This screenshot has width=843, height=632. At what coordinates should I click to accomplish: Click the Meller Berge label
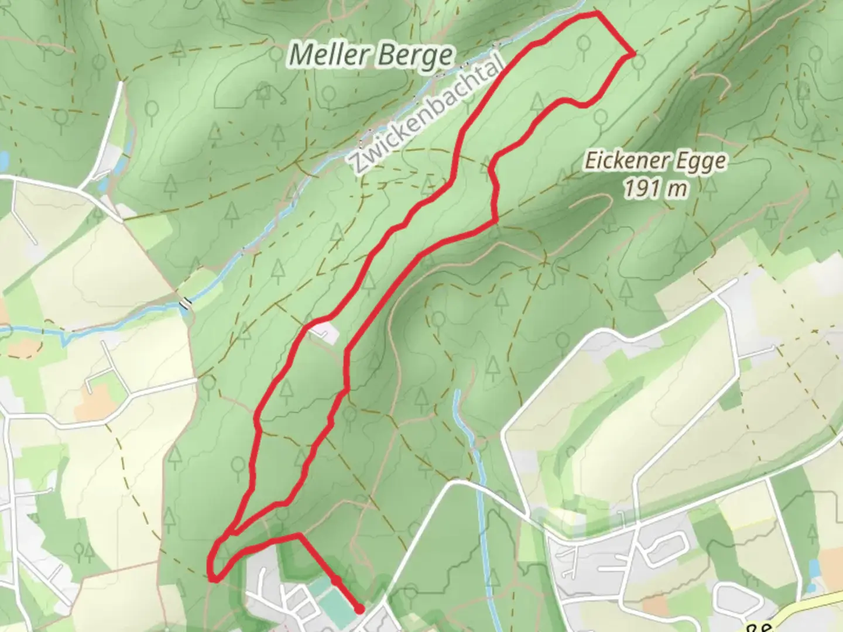point(371,56)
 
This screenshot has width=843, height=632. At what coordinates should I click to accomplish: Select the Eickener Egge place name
point(655,161)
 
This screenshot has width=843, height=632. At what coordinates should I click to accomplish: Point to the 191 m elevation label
point(654,188)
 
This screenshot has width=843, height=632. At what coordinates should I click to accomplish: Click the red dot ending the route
point(359,609)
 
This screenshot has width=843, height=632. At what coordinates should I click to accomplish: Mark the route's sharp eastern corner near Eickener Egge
point(633,54)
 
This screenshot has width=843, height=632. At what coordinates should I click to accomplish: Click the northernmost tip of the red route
point(597,12)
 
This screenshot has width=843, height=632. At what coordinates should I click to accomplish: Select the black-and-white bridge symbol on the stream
point(186,303)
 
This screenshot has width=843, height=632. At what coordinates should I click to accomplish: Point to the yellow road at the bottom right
point(820,603)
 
